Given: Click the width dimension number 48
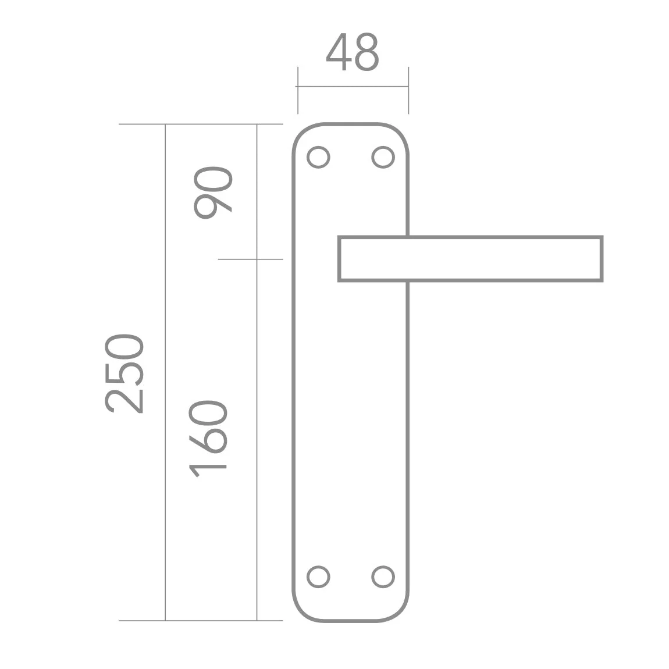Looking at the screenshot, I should (353, 53).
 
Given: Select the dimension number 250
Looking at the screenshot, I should (124, 373).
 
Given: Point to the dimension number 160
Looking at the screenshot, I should (208, 437).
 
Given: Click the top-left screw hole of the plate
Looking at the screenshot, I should (319, 157).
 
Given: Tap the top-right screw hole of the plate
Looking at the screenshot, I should (382, 157).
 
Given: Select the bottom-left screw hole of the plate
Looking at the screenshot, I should (319, 577).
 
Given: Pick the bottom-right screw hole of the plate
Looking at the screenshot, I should (382, 577).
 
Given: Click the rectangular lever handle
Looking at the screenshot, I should (470, 259).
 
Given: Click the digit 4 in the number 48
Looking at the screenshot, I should (339, 53).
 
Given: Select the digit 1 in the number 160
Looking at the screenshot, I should (208, 468).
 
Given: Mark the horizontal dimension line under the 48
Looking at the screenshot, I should (353, 87).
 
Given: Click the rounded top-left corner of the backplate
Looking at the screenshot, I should (300, 133).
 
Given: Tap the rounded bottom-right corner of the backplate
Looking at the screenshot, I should (400, 613).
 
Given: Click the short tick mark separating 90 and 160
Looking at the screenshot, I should (250, 259).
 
